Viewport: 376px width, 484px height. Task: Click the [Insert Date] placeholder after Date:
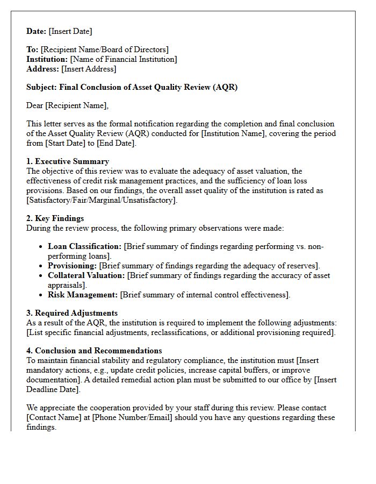[x=70, y=31]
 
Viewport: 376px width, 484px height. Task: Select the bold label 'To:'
[x=32, y=49]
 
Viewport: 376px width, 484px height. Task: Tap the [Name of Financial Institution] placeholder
[x=124, y=59]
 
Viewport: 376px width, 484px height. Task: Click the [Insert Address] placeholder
[x=89, y=69]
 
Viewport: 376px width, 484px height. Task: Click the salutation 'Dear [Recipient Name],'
[x=67, y=105]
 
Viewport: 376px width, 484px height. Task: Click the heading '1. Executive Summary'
[x=68, y=161]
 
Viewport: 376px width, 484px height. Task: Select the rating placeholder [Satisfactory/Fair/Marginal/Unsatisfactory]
[x=101, y=200]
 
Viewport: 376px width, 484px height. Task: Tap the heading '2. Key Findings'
[x=55, y=218]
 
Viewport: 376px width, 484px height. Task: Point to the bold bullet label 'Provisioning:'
[x=73, y=266]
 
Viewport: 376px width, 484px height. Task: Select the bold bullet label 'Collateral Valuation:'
[x=86, y=275]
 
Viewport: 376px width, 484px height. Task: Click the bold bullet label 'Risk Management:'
[x=83, y=295]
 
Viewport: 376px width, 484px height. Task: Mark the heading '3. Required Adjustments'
[x=72, y=313]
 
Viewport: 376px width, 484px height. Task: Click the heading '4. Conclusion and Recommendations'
[x=94, y=351]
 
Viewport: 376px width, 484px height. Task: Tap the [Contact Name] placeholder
[x=52, y=417]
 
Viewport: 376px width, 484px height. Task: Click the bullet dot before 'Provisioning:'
[x=42, y=266]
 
